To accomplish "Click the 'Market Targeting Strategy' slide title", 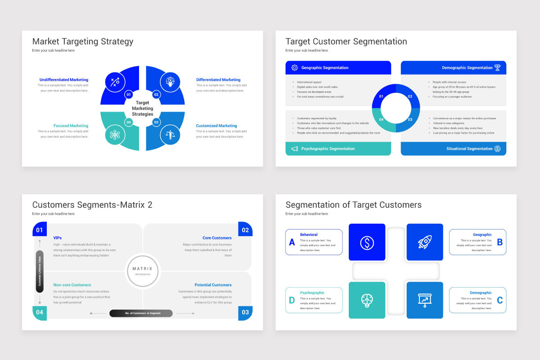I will point(83,42).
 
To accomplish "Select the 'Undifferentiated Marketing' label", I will point(64,80).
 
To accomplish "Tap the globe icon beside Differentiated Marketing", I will point(170,82).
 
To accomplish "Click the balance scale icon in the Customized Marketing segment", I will point(170,135).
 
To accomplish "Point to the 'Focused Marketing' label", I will point(71,126).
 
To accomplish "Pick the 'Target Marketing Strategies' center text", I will point(142,108).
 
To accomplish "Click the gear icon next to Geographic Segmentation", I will point(295,67).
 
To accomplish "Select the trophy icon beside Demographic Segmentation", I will point(497,67).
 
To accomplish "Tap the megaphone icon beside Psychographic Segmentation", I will point(295,148).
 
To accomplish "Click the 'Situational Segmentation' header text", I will point(469,148).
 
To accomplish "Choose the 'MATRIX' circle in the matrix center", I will point(143,270).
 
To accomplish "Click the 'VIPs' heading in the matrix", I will point(58,238).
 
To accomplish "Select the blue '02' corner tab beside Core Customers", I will point(245,230).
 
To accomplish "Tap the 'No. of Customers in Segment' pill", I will point(141,313).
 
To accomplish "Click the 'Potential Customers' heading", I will point(213,285).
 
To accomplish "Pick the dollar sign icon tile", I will point(367,243).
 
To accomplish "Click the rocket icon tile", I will point(425,243).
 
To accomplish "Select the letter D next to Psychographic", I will point(292,301).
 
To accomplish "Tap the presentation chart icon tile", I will point(425,300).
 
